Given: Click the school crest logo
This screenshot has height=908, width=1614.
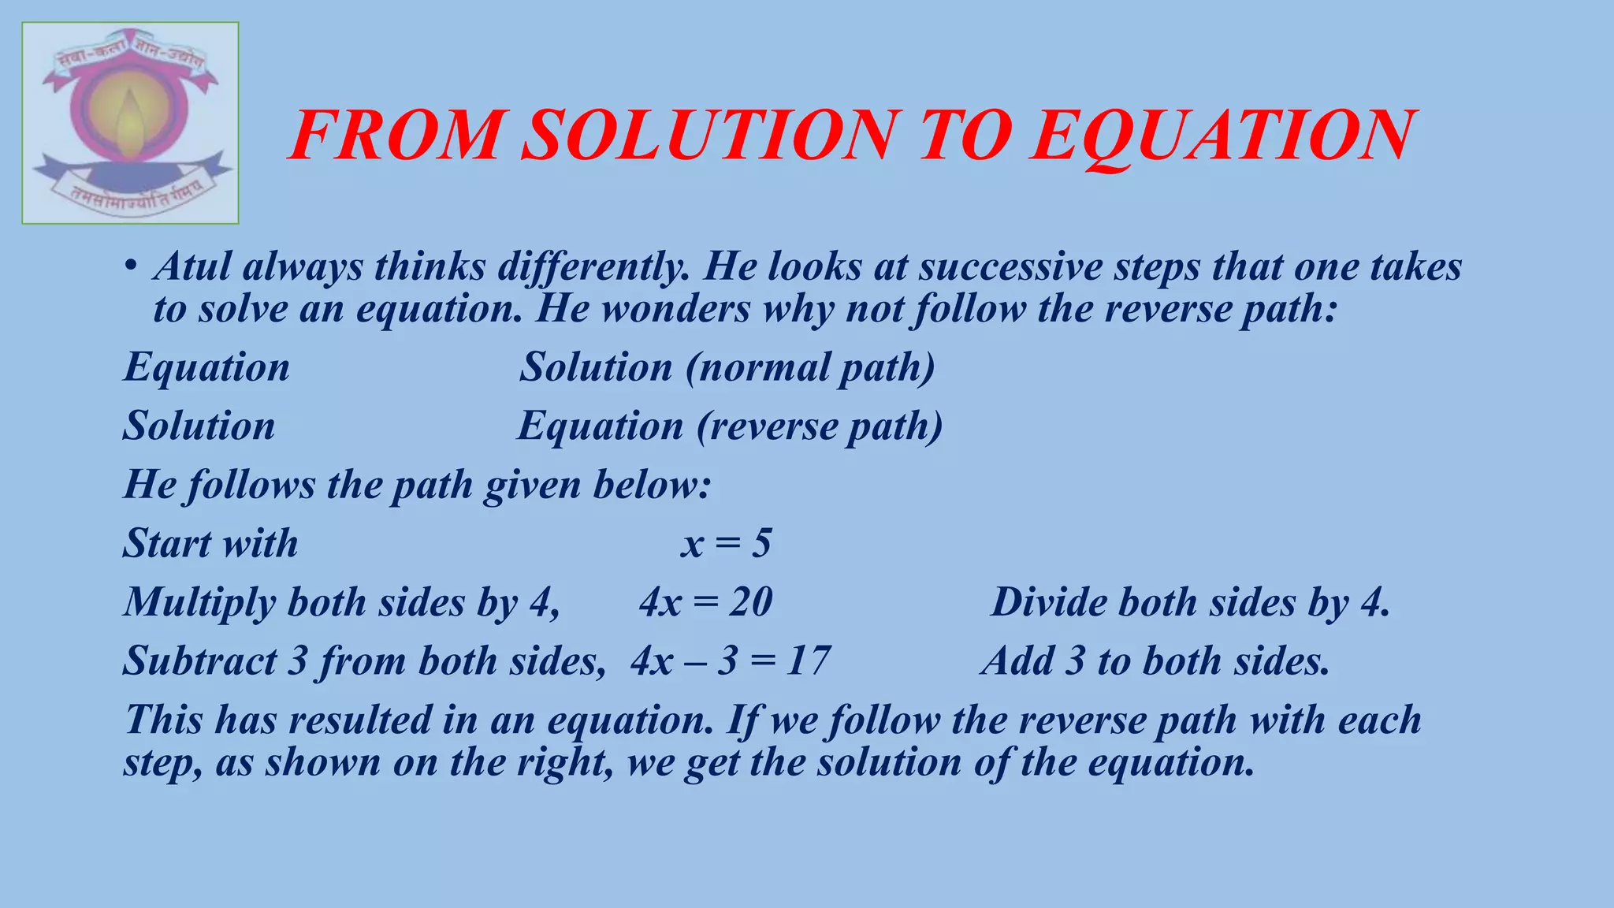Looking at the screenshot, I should click(x=130, y=123).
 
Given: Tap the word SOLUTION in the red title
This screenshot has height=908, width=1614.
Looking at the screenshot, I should click(x=709, y=136).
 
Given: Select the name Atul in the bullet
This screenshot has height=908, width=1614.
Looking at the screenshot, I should click(x=192, y=266).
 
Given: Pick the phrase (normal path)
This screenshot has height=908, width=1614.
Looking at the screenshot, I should click(x=809, y=367).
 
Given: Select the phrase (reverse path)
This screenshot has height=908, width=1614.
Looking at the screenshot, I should click(x=820, y=426).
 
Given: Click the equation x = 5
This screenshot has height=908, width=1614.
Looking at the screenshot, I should click(x=726, y=544).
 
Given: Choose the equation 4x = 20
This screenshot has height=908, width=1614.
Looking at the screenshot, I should click(x=705, y=602).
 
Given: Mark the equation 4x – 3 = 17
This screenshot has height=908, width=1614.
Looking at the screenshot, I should click(x=730, y=661).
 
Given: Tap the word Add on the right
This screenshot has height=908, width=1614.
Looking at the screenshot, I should click(x=1017, y=661).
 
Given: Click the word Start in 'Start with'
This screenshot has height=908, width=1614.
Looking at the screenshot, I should click(x=166, y=544).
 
